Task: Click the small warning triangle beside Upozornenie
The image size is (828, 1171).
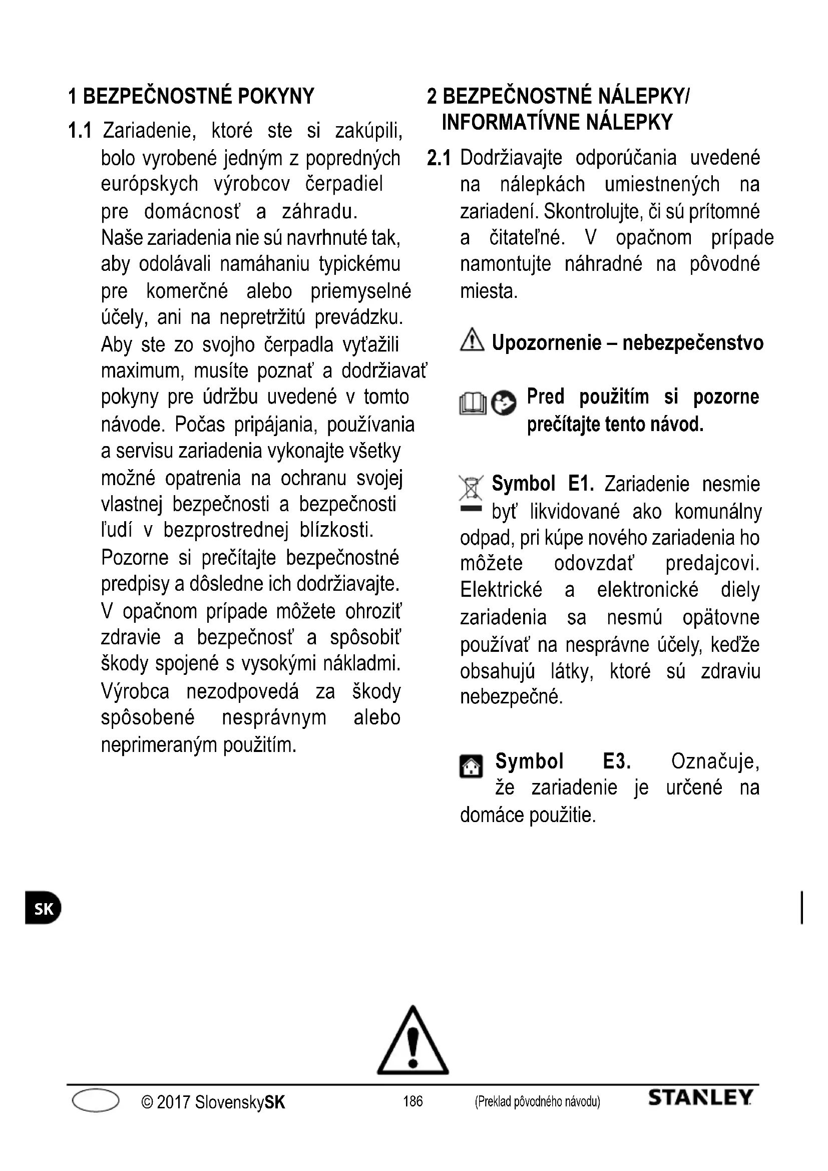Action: point(472,340)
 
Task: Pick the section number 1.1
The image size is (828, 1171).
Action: point(80,131)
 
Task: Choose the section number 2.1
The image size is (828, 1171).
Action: point(439,159)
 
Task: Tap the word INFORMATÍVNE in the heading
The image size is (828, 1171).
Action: point(510,122)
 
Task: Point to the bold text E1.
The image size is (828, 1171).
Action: point(581,484)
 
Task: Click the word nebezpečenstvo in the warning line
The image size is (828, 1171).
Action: point(693,343)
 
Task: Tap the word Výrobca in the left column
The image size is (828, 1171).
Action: point(135,692)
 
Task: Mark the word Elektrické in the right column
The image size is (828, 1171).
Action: point(501,590)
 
